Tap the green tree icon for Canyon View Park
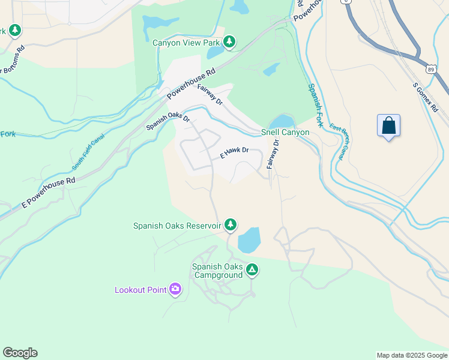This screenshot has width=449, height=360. pyautogui.click(x=229, y=42)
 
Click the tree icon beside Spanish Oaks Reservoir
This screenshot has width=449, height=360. pyautogui.click(x=230, y=225)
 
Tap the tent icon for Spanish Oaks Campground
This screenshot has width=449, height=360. pyautogui.click(x=252, y=271)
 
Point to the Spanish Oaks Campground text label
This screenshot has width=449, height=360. pyautogui.click(x=217, y=271)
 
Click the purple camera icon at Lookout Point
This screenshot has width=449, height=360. pyautogui.click(x=175, y=290)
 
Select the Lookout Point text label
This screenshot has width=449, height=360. pyautogui.click(x=140, y=290)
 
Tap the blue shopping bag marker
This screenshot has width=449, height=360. pyautogui.click(x=389, y=126)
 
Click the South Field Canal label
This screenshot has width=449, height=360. pyautogui.click(x=88, y=152)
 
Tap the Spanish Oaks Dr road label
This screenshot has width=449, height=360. pyautogui.click(x=168, y=122)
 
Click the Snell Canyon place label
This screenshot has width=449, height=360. pyautogui.click(x=285, y=132)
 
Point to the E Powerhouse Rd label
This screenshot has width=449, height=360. pyautogui.click(x=49, y=191)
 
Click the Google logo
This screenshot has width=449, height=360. pyautogui.click(x=20, y=353)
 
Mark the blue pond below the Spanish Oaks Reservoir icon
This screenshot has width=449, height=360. pyautogui.click(x=249, y=240)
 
